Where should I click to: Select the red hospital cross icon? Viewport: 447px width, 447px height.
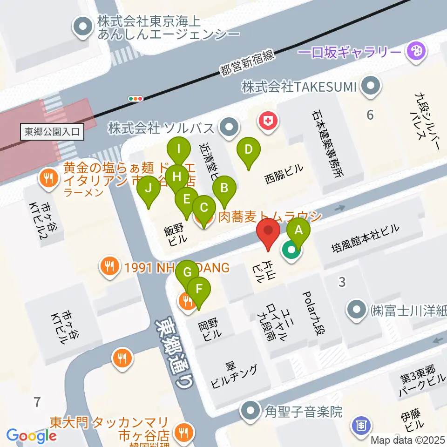[269, 121]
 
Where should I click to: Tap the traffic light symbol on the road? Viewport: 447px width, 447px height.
[136, 98]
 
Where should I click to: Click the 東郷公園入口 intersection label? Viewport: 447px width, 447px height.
[53, 132]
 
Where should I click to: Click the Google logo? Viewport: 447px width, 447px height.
[31, 436]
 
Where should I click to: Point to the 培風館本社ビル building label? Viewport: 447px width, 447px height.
[365, 231]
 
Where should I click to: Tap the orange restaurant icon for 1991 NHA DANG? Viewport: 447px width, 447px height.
[109, 267]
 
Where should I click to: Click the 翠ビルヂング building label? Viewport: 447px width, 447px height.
[234, 376]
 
